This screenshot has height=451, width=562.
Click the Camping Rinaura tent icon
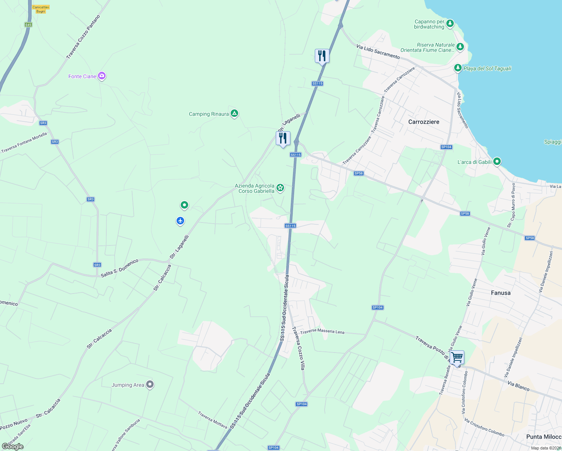point(234,114)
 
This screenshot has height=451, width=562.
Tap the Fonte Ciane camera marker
point(101,76)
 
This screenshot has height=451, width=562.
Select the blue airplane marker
point(180,221)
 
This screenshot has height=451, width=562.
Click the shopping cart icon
point(457,357)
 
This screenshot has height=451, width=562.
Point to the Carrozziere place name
point(423,122)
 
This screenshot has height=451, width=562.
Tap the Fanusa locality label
point(500,293)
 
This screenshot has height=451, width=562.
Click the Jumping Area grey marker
point(150,384)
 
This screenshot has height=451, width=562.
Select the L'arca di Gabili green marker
point(497,162)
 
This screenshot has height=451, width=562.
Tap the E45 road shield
point(28,25)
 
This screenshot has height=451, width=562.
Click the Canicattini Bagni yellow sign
point(41,9)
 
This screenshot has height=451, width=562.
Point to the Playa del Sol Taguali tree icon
point(458,68)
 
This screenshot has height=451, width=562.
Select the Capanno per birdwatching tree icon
point(450,24)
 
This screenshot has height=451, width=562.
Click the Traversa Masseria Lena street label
point(322,331)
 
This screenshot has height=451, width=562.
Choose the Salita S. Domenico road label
point(119,268)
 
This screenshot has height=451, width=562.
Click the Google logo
point(12,446)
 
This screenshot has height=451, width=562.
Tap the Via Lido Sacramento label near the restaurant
point(378,52)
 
